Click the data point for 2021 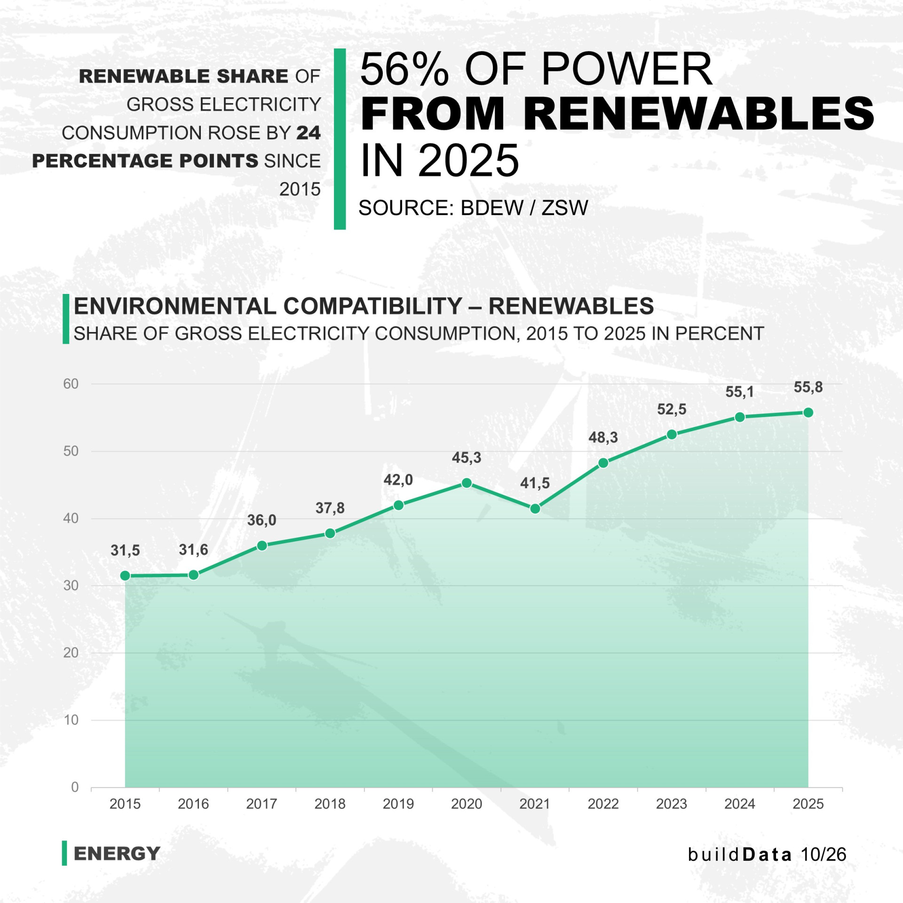pos(535,509)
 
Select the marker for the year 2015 pos(125,576)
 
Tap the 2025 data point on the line pos(808,412)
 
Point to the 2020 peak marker pos(467,483)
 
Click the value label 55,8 pos(808,387)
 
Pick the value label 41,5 pos(535,483)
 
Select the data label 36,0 pos(261,520)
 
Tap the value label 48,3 pos(603,437)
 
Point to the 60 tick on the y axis pos(71,384)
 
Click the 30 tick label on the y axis pos(71,586)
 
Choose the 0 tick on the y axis pos(75,787)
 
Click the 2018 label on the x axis pos(330,804)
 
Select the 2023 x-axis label pos(671,804)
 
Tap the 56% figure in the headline pos(404,69)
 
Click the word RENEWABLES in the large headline pos(698,114)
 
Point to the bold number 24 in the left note pos(309,133)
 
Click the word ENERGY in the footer pos(117,854)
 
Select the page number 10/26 pos(823,854)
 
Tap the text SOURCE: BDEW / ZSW pos(473,208)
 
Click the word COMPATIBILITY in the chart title pos(373,306)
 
